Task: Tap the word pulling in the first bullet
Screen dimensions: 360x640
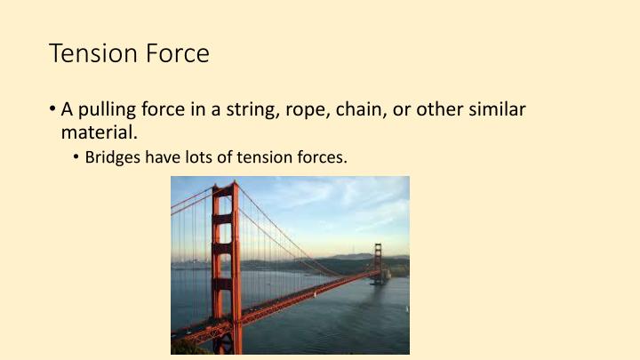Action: pos(106,111)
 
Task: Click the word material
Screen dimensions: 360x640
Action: pos(99,132)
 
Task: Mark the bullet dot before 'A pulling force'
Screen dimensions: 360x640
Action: pos(52,111)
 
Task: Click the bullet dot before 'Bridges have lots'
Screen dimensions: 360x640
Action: pos(77,158)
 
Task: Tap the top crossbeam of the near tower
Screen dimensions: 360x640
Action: pos(225,190)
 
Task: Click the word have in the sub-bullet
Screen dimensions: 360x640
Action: pos(164,158)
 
